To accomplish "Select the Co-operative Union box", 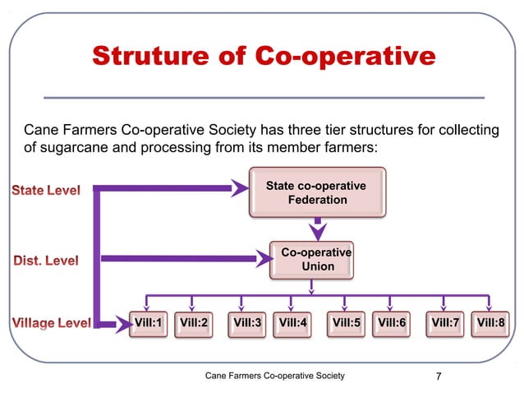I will coord(316,260).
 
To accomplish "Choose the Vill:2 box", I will coord(194,323).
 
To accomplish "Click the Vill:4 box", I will coord(293,323).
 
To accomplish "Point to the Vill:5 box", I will coord(347,323).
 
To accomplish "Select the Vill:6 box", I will coord(392,323).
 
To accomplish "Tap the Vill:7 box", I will coord(445,323).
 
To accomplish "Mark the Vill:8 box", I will coord(490,323).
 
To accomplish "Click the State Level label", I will coord(45,192).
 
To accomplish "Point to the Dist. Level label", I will coord(45,261).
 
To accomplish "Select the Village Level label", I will coord(49,323).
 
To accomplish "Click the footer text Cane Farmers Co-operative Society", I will coord(274,377).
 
